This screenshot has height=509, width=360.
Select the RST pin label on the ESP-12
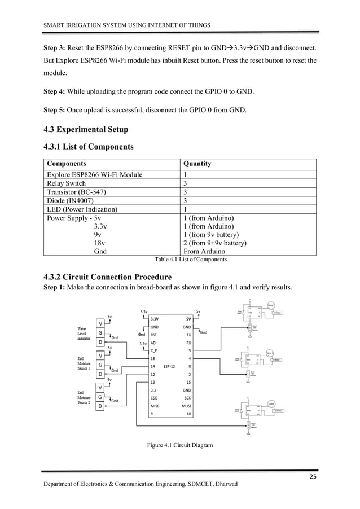coord(153,334)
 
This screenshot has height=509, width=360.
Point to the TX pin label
coord(188,334)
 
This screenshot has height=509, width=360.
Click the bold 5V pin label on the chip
coord(188,318)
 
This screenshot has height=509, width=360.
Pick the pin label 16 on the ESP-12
coord(152,358)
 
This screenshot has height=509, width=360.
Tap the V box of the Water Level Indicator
coord(100,323)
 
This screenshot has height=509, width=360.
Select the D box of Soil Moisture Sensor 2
coord(100,406)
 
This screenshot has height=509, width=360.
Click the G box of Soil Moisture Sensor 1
coord(100,365)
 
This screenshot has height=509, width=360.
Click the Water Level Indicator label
coord(82,333)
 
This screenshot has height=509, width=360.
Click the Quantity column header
coord(197,164)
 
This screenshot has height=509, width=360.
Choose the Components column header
coord(67,164)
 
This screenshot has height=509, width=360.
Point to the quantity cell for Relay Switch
coord(186,183)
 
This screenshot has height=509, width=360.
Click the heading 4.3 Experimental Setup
coord(86,130)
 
